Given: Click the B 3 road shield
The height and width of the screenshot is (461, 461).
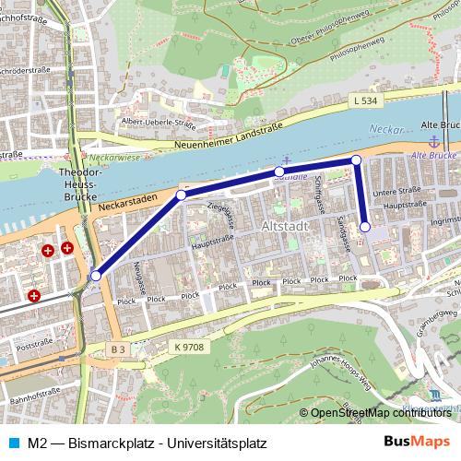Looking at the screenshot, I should (x=117, y=349).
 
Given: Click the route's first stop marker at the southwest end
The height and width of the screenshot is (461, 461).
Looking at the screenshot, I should (x=96, y=275).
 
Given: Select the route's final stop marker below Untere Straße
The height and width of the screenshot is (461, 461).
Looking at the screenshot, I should (x=365, y=227).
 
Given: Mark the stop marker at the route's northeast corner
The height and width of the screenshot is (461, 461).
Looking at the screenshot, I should (x=356, y=160).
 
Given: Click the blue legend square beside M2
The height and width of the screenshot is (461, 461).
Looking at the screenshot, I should (x=10, y=443).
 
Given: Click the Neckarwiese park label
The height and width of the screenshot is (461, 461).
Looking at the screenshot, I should (x=114, y=159).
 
